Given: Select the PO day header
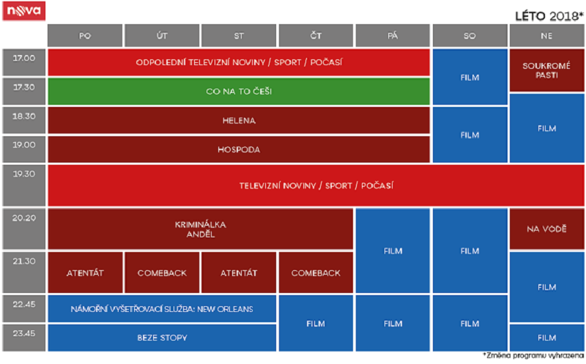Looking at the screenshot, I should click(x=85, y=35).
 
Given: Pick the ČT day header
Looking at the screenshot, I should click(x=316, y=35).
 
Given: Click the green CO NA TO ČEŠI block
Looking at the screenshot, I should click(x=238, y=91).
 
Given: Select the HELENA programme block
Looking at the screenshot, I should click(x=238, y=120).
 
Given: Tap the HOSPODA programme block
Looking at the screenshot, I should click(x=238, y=149).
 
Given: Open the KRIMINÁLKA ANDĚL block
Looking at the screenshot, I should click(x=200, y=229).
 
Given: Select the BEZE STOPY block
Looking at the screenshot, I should click(x=162, y=338).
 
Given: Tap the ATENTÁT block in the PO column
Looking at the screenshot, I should click(x=85, y=272).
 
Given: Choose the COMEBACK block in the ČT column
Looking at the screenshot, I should click(x=316, y=272).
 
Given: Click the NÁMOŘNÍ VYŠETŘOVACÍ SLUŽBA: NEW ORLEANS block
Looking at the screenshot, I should click(x=162, y=309).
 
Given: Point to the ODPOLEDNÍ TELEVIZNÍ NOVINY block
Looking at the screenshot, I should click(x=238, y=62).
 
